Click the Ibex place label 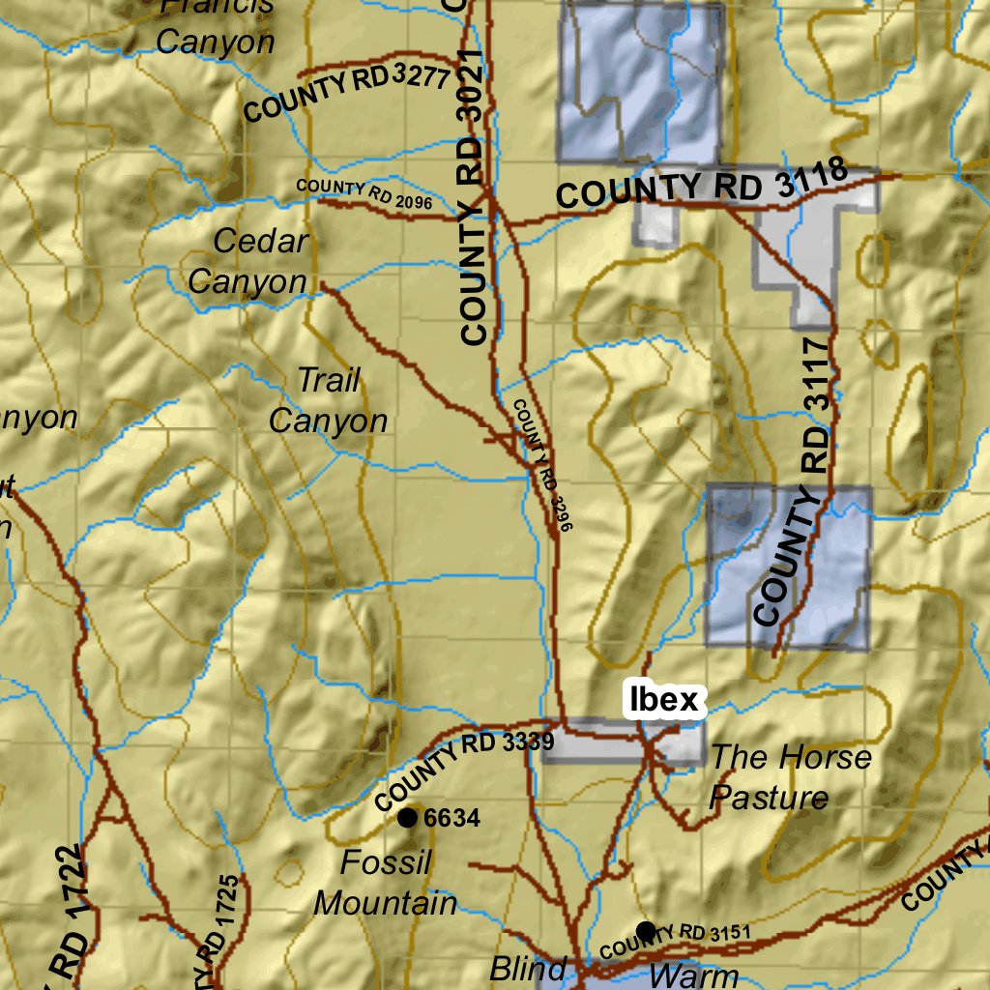click(x=663, y=699)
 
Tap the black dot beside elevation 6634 click(x=408, y=819)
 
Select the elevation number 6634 click(x=451, y=819)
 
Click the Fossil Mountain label click(x=386, y=883)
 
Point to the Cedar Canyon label click(x=247, y=261)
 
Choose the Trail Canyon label click(x=328, y=400)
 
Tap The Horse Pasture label click(x=790, y=776)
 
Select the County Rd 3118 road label click(x=703, y=186)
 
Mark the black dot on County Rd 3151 click(x=646, y=931)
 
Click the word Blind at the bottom click(x=528, y=968)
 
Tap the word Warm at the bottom click(x=694, y=974)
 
